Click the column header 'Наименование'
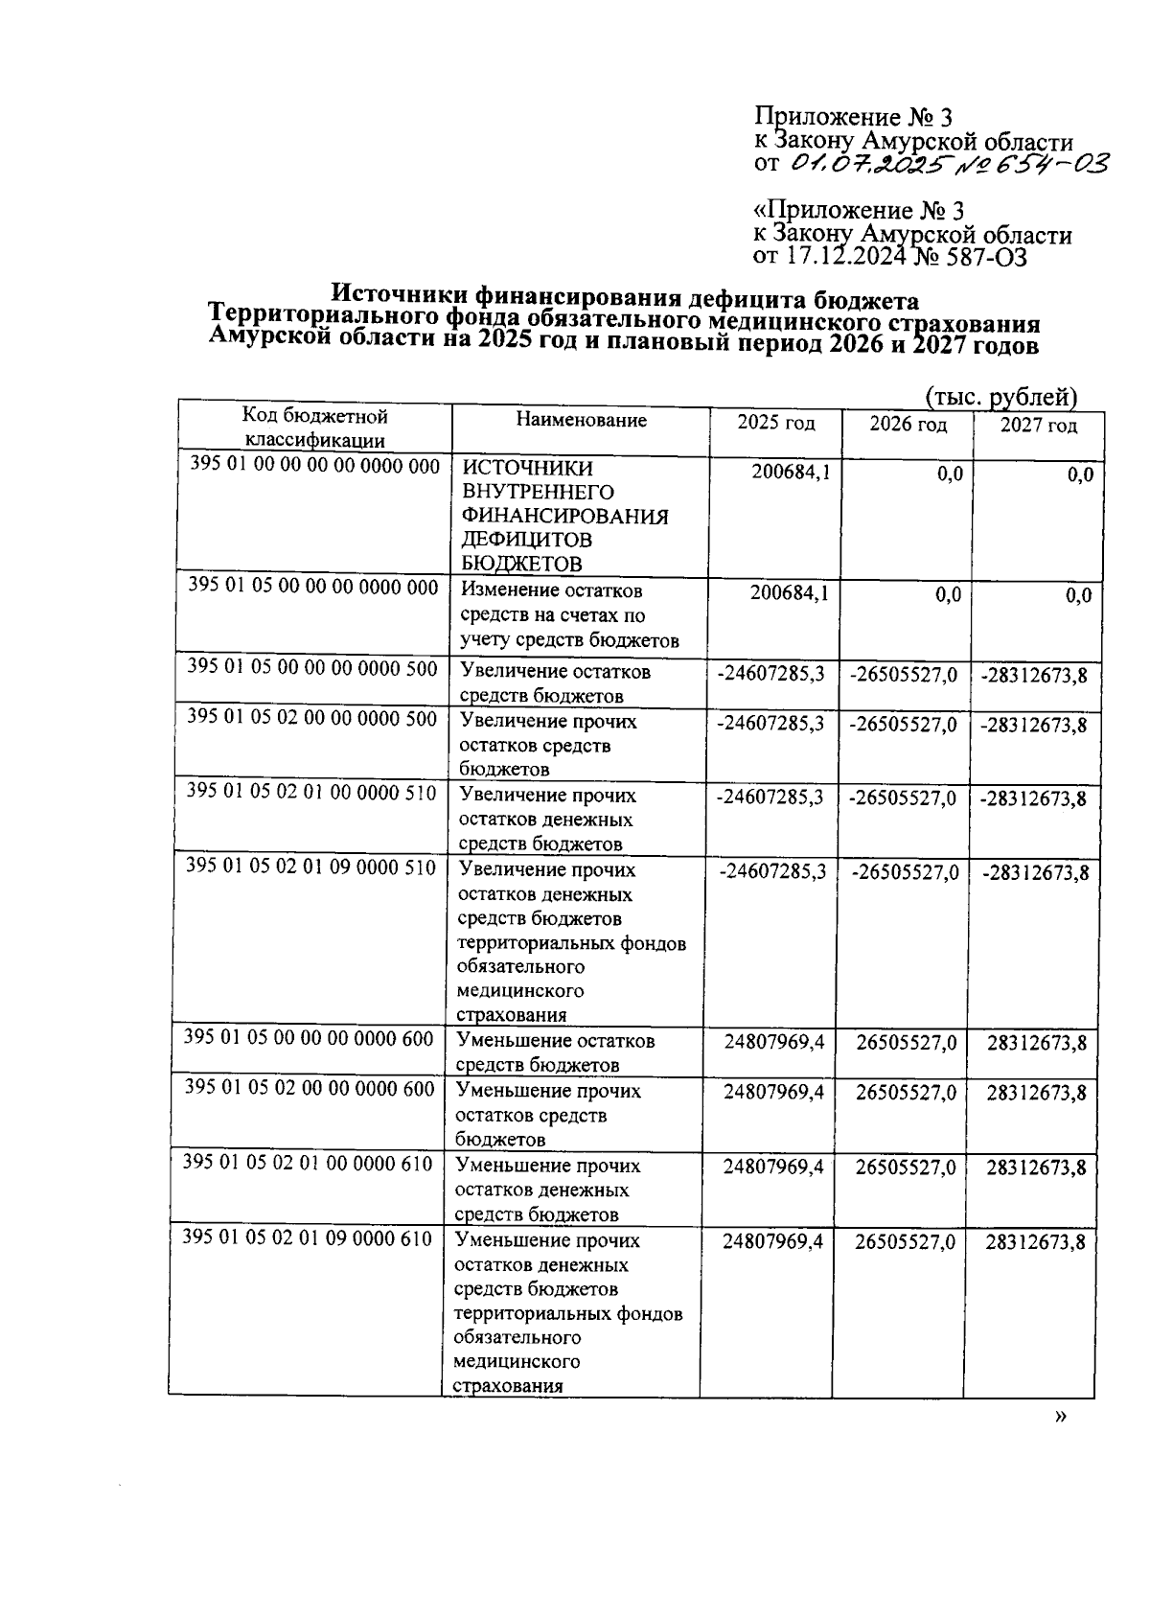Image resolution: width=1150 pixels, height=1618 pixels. point(581,420)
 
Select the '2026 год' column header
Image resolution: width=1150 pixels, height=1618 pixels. point(908,424)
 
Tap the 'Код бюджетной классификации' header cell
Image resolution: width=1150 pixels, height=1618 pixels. point(314,428)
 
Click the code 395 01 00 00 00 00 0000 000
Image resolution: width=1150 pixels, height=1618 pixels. point(314,467)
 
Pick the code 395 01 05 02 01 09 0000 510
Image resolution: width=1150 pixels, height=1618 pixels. point(310,867)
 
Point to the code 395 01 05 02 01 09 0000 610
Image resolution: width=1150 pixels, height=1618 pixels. point(308,1238)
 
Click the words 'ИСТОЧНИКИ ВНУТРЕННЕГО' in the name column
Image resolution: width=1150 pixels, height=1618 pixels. point(538,480)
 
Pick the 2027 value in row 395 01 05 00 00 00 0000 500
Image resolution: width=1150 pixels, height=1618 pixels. point(1034,676)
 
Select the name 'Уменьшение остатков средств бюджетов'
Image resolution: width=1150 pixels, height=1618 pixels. point(556,1052)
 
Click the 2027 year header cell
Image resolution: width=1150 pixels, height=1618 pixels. point(1038,425)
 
